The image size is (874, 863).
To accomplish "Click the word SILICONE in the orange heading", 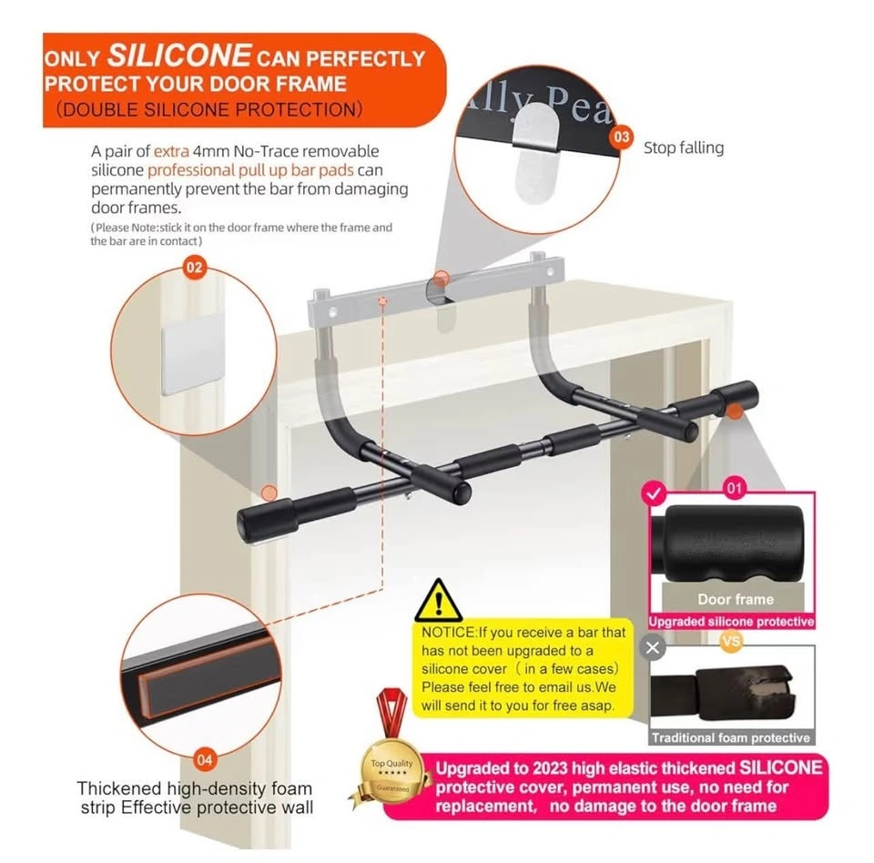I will coord(179,56).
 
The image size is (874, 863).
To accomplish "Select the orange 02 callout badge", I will coord(195,268).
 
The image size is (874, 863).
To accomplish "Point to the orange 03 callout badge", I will coord(622,137).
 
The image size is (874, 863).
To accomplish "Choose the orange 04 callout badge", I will coord(207,758).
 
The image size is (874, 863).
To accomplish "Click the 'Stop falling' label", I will coord(684,147).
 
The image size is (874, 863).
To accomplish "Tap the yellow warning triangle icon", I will coord(438,602).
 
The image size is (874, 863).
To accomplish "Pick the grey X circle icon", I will coord(653,648).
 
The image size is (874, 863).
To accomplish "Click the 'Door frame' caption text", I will coord(736,599).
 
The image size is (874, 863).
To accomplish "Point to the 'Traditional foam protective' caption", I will coord(731,737).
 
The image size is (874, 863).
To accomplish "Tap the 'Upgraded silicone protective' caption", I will coord(731,622).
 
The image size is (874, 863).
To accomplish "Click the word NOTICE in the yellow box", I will coord(449,632).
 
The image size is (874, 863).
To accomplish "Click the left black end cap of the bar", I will coord(259,522).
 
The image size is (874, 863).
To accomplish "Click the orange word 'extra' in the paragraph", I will coord(171,151).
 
